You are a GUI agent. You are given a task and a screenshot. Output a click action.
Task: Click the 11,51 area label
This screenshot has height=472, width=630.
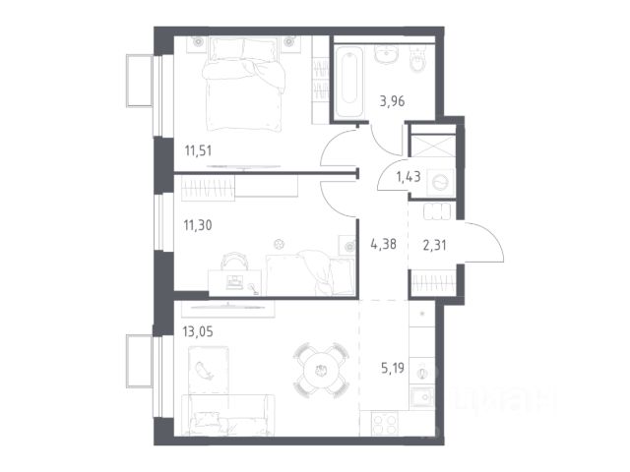198,150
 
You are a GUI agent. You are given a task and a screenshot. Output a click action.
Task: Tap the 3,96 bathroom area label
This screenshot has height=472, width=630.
392,101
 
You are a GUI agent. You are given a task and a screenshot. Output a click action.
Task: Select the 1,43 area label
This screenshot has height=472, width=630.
409,176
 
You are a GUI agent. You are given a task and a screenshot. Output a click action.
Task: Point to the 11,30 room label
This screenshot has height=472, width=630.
198,225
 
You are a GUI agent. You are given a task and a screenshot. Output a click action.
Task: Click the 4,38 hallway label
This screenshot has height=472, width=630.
383,244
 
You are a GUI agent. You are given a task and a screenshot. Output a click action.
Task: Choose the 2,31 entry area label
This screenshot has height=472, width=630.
434,245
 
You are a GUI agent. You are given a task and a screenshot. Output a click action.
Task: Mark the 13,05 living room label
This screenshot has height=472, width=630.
198,332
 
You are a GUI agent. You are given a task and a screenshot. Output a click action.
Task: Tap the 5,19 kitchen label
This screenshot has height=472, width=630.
393,368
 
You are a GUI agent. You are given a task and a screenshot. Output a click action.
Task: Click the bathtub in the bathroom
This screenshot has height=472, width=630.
349,82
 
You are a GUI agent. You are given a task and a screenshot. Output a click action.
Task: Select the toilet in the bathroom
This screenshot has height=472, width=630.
419,58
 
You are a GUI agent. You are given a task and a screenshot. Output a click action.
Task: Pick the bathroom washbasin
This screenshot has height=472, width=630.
387,54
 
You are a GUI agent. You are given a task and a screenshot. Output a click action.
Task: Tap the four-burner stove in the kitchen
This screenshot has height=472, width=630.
385,424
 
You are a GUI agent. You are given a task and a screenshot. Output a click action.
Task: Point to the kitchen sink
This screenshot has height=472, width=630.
421,397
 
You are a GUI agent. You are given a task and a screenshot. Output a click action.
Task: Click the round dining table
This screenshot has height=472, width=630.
321,370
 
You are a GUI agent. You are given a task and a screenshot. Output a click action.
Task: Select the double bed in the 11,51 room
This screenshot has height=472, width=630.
244,84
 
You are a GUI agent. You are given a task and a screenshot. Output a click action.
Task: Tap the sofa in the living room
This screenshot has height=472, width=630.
227,415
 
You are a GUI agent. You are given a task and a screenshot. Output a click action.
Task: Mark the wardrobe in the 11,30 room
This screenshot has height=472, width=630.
208,188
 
